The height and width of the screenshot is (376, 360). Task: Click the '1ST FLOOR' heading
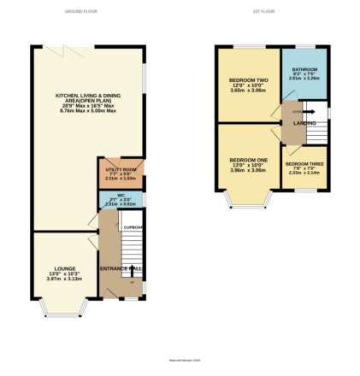260,12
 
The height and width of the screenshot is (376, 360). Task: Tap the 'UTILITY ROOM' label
121,170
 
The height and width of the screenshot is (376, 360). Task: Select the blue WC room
121,201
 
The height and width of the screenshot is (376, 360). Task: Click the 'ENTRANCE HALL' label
119,269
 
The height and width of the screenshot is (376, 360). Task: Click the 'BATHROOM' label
304,68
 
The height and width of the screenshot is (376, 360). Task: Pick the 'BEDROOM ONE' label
248,160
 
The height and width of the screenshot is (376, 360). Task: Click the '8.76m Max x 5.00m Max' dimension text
86,110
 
